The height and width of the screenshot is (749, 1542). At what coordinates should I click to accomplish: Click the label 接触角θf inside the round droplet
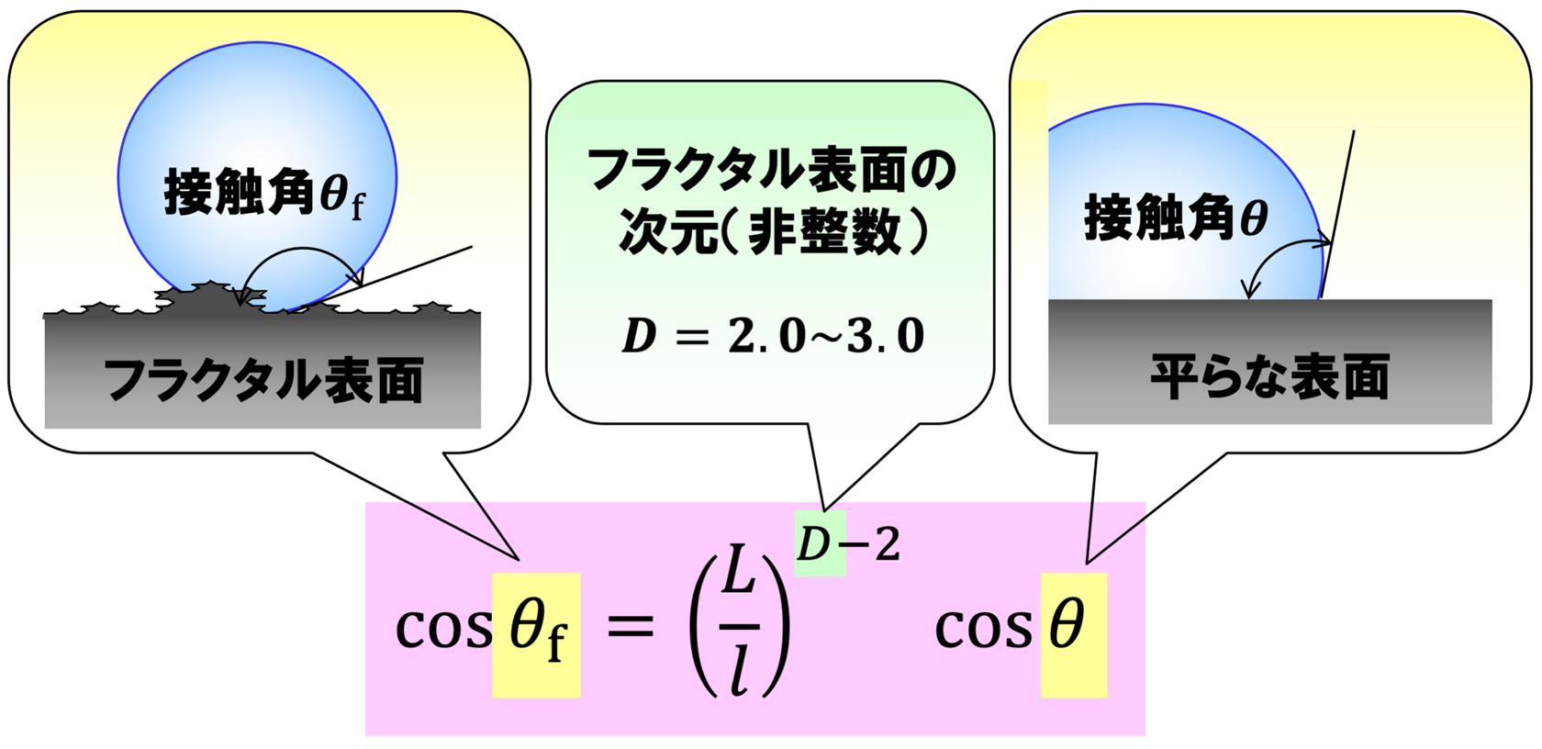pos(265,195)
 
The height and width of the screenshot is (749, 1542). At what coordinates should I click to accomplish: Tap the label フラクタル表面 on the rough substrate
pos(263,379)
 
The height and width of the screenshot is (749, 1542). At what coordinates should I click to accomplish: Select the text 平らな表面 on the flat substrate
pos(1270,376)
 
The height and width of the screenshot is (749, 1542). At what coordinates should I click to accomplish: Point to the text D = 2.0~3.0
pos(773,337)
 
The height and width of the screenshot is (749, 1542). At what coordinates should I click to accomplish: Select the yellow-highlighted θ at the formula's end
pos(1067,625)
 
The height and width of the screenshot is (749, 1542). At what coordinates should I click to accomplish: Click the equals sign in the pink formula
pos(630,627)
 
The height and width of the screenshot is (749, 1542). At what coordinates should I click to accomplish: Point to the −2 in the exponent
pos(874,544)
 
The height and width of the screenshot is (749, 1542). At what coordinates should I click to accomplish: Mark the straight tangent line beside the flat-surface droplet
pos(1336,214)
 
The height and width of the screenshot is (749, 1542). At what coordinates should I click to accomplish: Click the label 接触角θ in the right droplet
pos(1176,217)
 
